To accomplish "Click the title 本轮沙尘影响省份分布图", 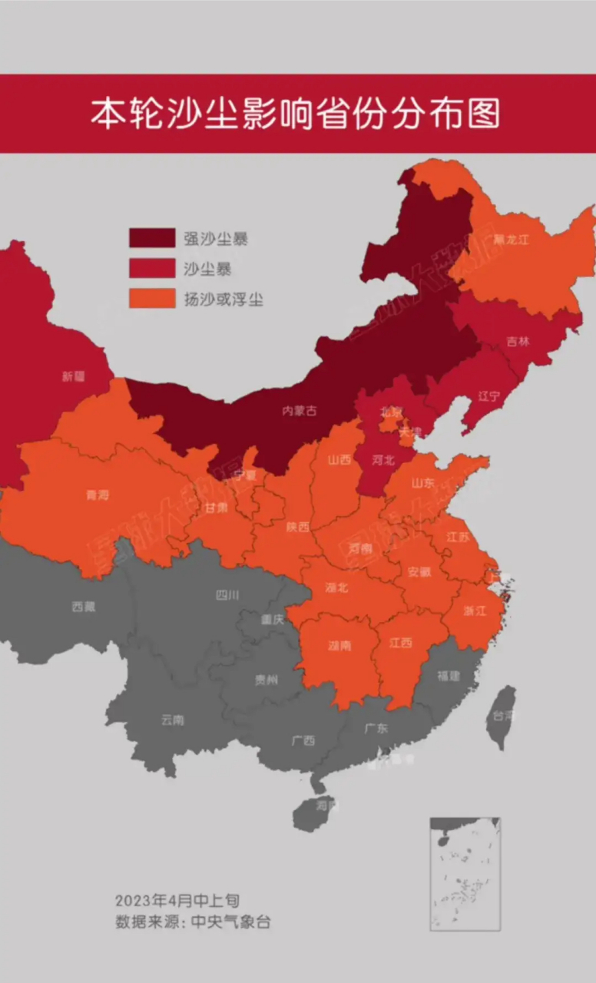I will pos(296,113).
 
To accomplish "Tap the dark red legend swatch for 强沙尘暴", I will pos(151,238).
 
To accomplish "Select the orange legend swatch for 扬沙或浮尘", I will pos(151,299).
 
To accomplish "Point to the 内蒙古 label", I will pos(300,411).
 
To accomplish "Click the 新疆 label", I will pos(73,377).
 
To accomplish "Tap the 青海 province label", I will pos(98,495).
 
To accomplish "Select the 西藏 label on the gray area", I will pos(84,607).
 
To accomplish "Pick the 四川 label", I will pos(227,594).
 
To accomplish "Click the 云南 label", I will pos(173,720).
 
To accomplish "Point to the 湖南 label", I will pos(340,646).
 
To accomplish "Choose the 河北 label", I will pos(382,461).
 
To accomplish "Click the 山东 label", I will pos(422,483).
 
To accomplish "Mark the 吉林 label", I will pos(518,342).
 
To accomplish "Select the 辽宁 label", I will pos(488,396).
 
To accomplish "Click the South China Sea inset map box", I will pos(465,874).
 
